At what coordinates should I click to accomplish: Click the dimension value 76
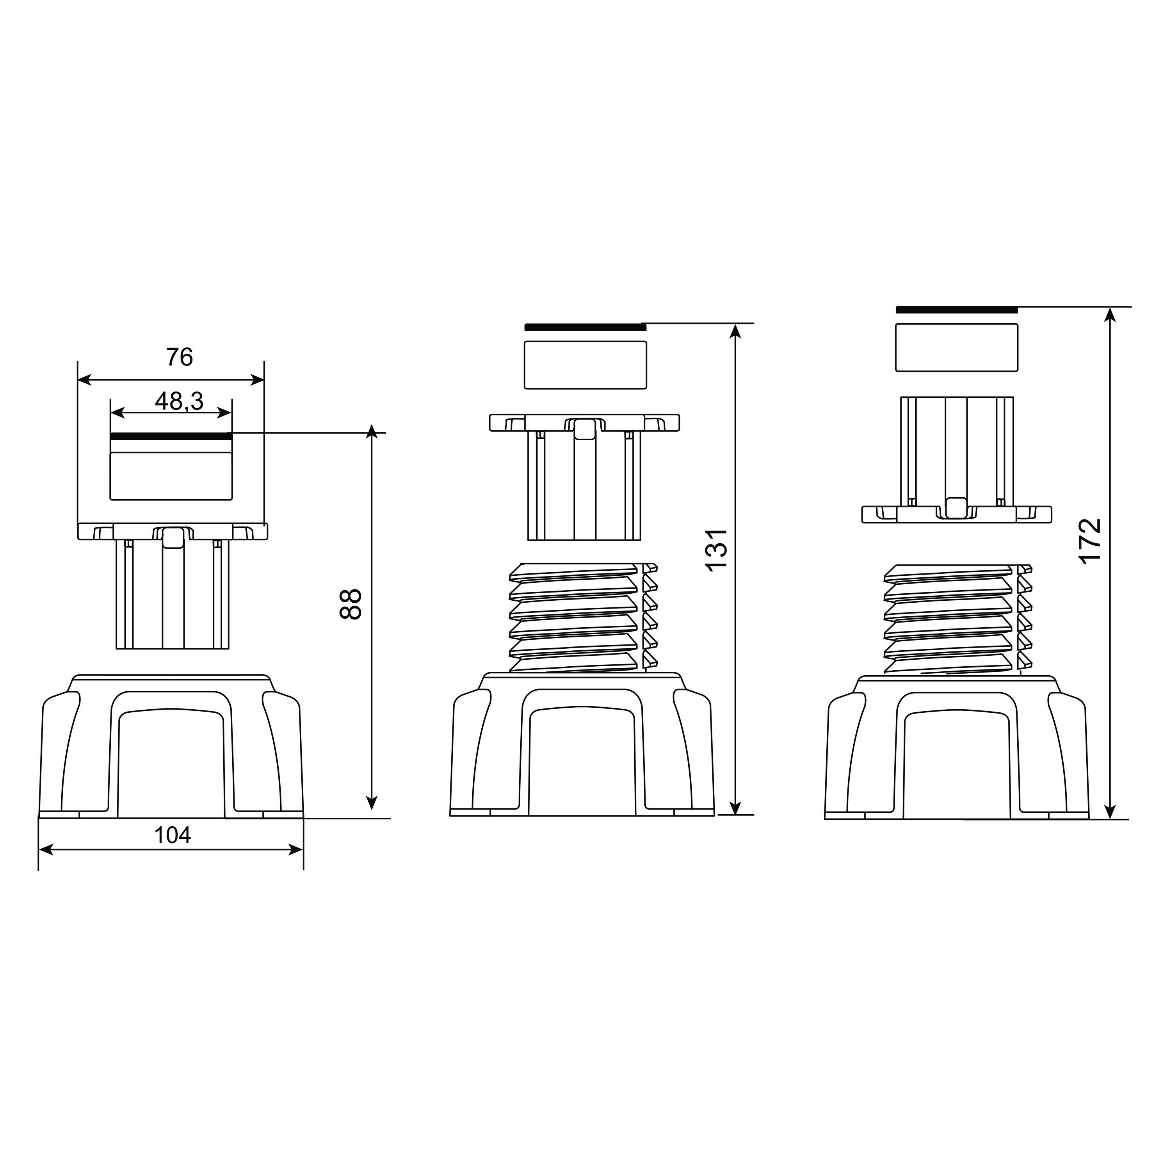coord(180,358)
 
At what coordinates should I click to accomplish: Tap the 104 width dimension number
coord(172,835)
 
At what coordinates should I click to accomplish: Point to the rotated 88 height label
coord(351,604)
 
